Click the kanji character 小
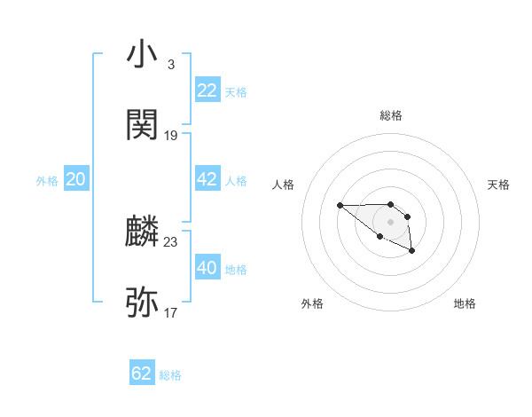point(143,55)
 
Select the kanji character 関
point(143,125)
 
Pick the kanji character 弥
point(143,303)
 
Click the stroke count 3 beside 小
point(170,65)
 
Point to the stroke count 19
point(171,136)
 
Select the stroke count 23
point(171,241)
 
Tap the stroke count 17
point(171,312)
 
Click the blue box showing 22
point(207,90)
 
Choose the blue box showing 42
point(207,179)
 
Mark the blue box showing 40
point(207,267)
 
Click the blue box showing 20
point(76,179)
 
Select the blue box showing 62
point(142,374)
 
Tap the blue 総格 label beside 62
point(170,375)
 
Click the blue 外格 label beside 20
point(47,181)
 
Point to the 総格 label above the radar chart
point(391,116)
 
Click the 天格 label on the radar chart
point(498,185)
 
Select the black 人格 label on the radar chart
point(284,185)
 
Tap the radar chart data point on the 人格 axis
point(340,206)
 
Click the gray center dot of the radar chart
point(391,221)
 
